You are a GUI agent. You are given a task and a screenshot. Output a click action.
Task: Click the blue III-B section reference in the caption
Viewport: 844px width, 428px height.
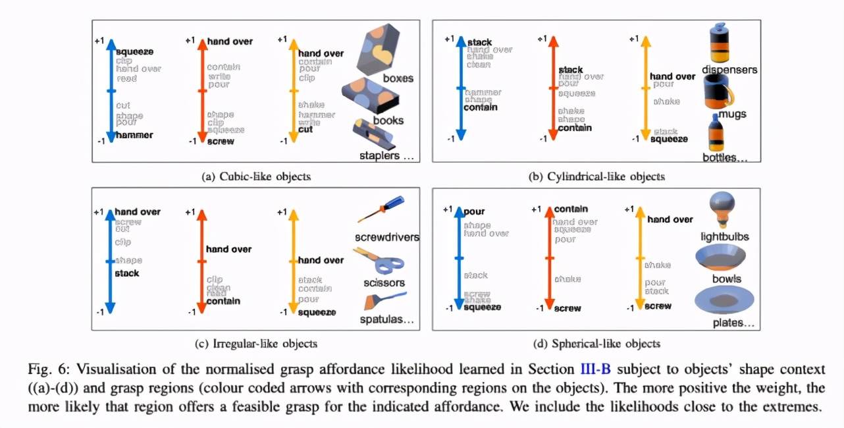coord(596,369)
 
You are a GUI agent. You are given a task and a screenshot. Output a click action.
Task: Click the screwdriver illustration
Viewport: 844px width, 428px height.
coord(382,209)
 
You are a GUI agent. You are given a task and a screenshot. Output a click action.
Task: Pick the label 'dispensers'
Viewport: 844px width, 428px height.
coord(729,69)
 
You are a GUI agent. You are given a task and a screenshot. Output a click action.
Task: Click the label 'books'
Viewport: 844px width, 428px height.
coord(388,120)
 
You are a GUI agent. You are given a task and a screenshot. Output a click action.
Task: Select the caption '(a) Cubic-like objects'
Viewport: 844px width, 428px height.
coord(256,176)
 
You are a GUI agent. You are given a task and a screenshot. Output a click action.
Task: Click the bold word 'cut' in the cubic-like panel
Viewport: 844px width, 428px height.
coord(305,130)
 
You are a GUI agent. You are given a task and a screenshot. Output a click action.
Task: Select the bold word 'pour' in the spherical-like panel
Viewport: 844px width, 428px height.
coord(474,212)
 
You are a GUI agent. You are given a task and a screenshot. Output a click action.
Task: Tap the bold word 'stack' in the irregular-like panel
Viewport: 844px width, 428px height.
coord(127,273)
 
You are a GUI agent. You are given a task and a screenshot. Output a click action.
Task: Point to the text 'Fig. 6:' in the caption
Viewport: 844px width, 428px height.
coord(47,369)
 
